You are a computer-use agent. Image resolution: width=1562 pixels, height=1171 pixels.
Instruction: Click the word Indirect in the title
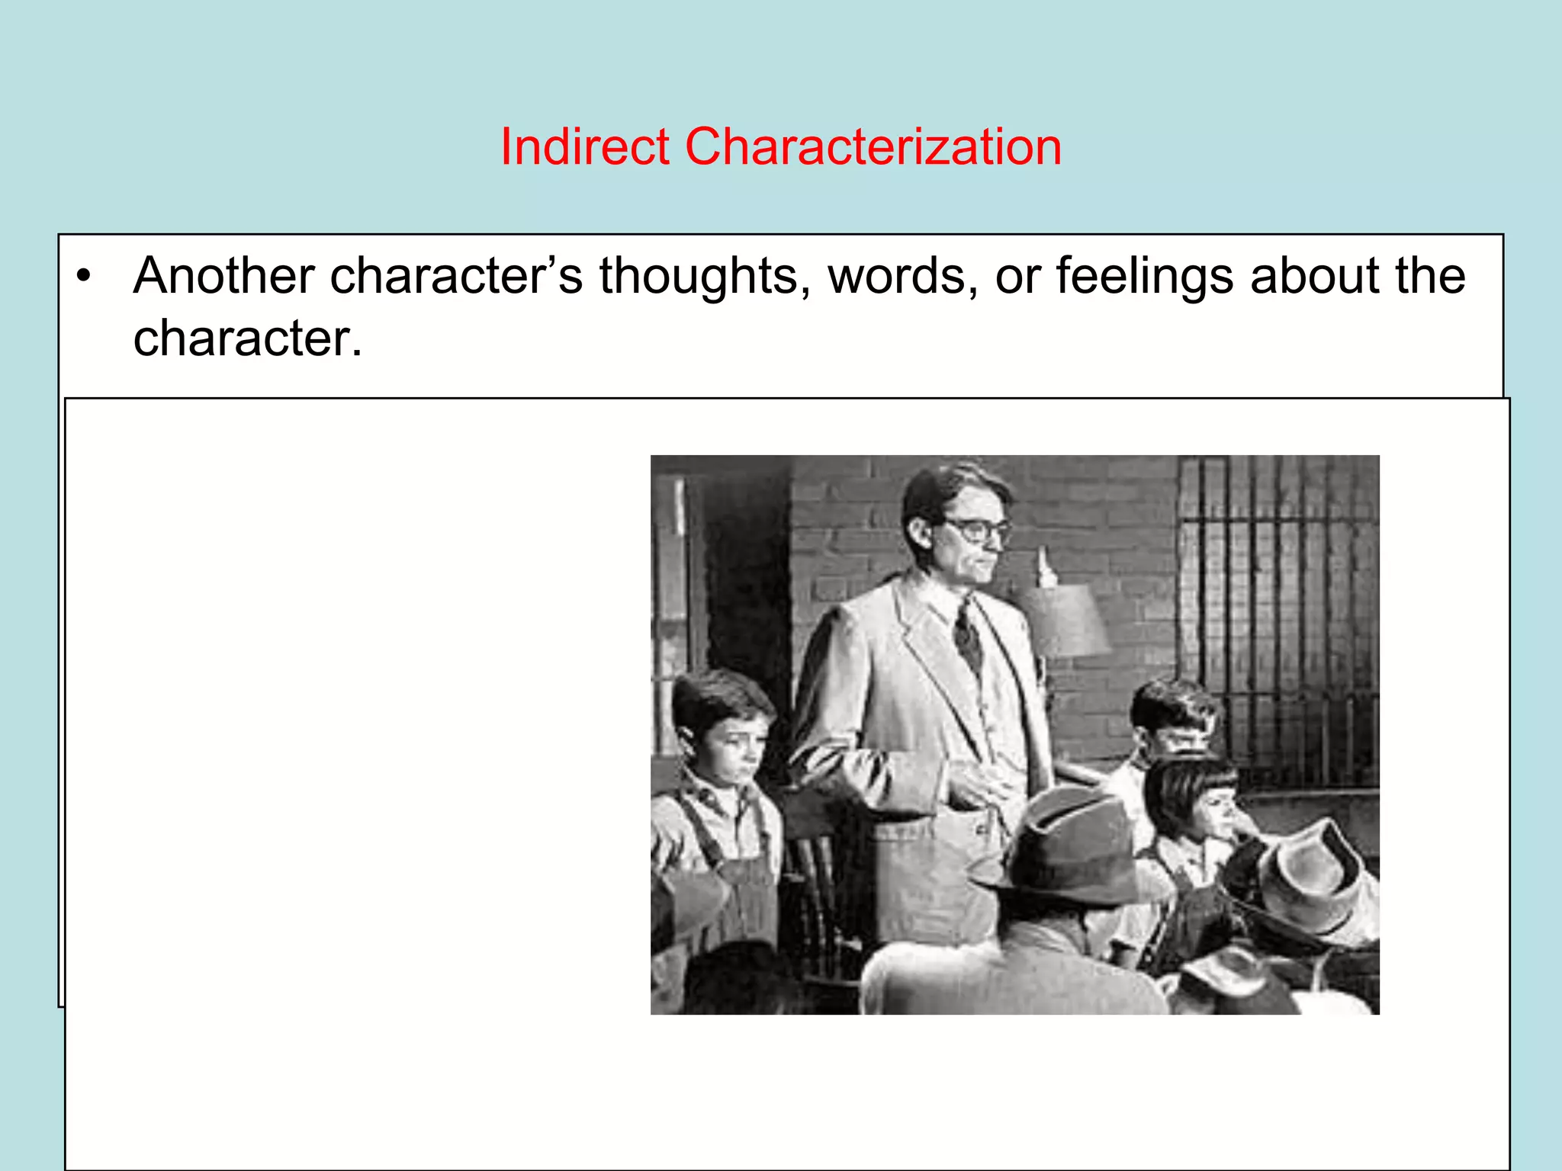coord(584,146)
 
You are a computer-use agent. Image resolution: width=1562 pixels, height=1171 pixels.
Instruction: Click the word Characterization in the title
coord(873,146)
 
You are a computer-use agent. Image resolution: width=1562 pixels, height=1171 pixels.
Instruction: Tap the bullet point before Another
coord(84,276)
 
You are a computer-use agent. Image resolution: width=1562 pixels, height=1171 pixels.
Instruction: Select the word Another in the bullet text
coord(223,276)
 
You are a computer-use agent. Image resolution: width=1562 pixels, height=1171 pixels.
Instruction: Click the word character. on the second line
coord(247,338)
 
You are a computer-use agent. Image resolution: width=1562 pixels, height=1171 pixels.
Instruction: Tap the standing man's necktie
coord(967,634)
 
